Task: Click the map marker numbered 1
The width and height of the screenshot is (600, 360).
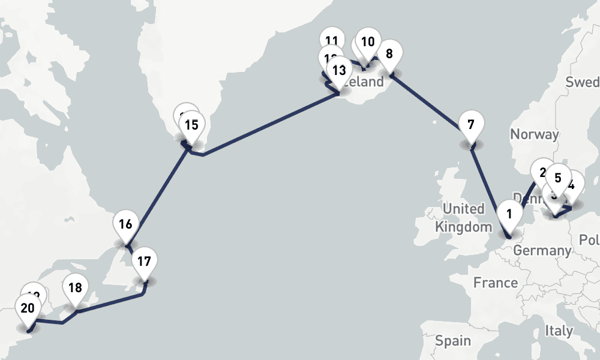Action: click(509, 214)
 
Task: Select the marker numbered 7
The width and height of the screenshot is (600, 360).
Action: click(470, 125)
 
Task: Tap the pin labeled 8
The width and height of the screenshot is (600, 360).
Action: click(389, 54)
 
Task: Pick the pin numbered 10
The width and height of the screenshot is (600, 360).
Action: click(368, 42)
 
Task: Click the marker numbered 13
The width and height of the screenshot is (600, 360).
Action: click(339, 70)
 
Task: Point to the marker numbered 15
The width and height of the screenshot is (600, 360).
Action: click(191, 125)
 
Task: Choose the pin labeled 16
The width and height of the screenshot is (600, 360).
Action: click(125, 224)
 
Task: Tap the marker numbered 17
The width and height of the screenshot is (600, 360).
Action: click(143, 261)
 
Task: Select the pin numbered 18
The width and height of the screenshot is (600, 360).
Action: click(75, 287)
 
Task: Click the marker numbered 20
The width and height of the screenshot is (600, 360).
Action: click(27, 308)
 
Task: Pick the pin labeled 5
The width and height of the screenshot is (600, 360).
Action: click(558, 178)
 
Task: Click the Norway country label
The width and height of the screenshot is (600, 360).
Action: click(534, 134)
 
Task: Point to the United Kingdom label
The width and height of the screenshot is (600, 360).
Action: click(464, 218)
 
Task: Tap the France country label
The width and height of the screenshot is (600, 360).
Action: click(495, 282)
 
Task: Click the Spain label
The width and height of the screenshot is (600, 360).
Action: click(453, 341)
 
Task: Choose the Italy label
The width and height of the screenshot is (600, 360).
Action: click(558, 330)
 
